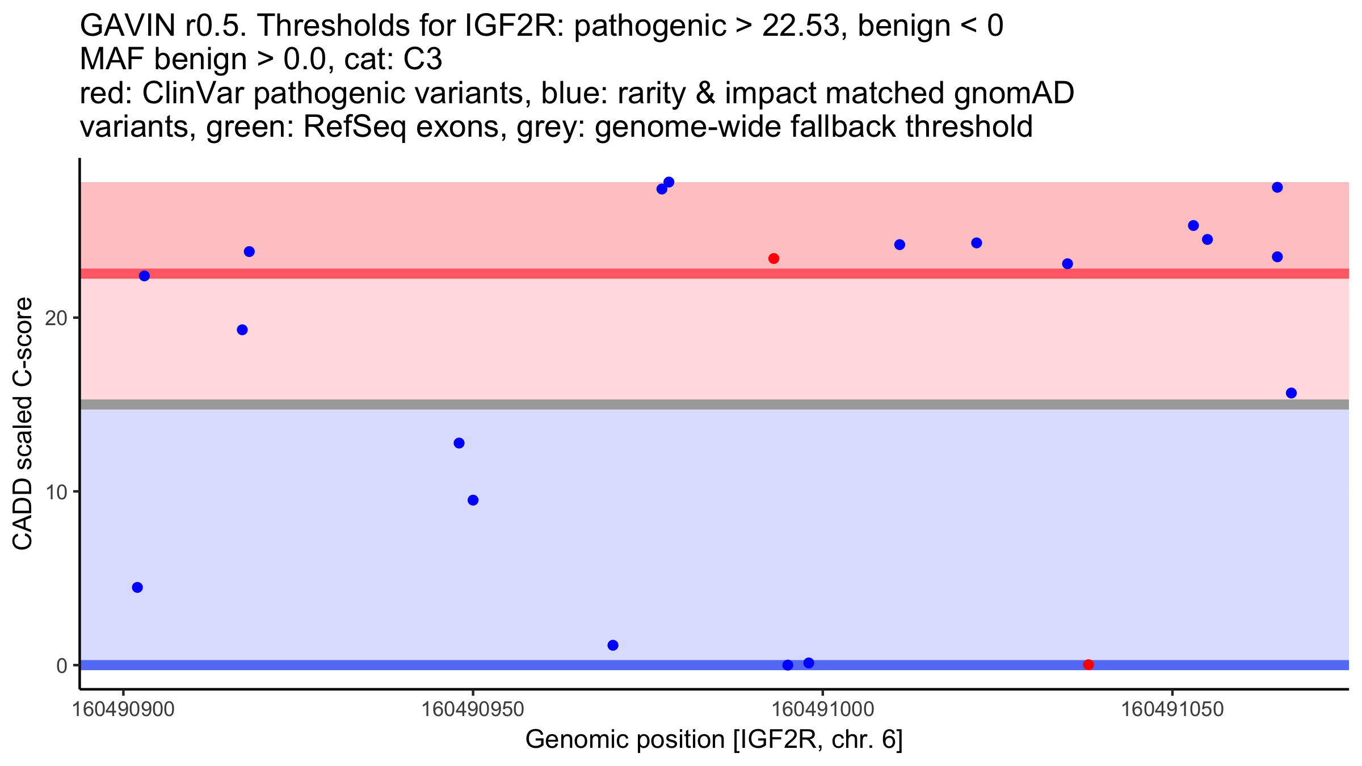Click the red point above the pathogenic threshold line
click(x=774, y=259)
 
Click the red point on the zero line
click(x=1088, y=664)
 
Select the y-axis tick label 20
click(x=56, y=318)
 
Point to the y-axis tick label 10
click(x=56, y=491)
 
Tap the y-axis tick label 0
click(x=62, y=666)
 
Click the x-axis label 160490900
click(x=123, y=709)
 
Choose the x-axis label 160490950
click(x=473, y=709)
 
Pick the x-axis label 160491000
click(x=823, y=709)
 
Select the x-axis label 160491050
click(x=1172, y=709)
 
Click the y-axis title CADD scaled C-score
click(x=23, y=424)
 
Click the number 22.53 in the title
click(x=800, y=26)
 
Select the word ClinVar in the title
click(x=196, y=93)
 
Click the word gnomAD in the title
click(x=1014, y=93)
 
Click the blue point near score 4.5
click(x=137, y=587)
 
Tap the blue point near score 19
click(x=242, y=330)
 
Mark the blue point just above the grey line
click(x=1291, y=393)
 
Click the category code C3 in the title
click(x=422, y=60)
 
